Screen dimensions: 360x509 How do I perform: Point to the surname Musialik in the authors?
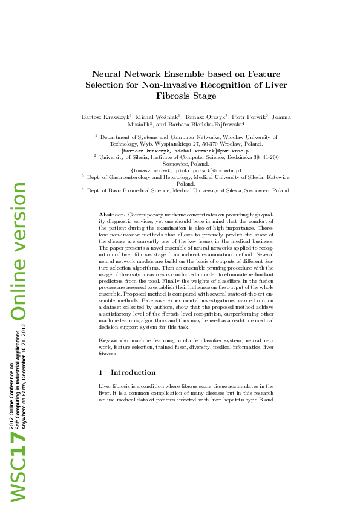coord(139,124)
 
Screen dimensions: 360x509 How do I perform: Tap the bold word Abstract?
coord(112,215)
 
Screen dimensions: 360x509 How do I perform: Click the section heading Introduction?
coord(133,372)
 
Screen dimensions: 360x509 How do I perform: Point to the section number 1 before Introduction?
coord(100,372)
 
